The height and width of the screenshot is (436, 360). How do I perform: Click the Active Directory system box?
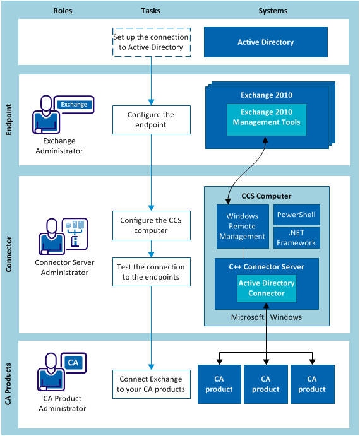(x=265, y=42)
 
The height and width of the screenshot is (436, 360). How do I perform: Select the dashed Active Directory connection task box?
(x=151, y=42)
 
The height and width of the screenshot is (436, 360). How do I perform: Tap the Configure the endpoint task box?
(x=151, y=120)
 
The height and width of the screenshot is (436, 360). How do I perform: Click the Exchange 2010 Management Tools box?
(x=267, y=117)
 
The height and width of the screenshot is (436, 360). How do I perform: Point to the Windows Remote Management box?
(x=242, y=226)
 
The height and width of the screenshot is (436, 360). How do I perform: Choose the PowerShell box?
(x=296, y=215)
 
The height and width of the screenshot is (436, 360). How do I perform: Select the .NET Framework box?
(x=296, y=238)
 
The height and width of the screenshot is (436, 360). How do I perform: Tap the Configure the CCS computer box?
(x=151, y=226)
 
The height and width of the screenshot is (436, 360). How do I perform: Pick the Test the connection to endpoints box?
(x=151, y=272)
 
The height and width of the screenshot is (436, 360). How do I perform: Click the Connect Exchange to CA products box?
(x=151, y=384)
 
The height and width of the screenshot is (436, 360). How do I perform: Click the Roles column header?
(x=63, y=11)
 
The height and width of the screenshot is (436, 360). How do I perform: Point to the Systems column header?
(x=273, y=11)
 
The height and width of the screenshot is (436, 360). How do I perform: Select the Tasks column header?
(x=151, y=11)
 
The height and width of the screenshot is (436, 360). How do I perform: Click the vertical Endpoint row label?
(x=9, y=120)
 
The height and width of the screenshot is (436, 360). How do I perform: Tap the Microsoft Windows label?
(x=266, y=317)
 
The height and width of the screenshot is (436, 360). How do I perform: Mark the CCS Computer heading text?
(x=266, y=196)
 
